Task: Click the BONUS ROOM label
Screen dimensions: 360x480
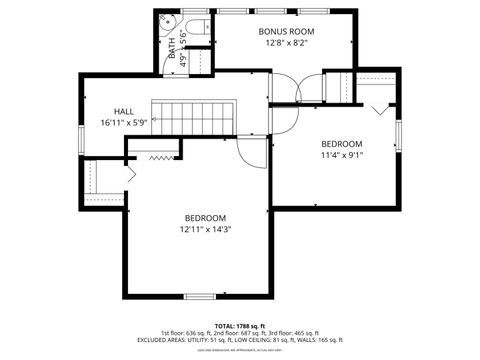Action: tap(287, 31)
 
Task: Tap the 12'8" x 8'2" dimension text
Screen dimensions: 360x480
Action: tap(287, 43)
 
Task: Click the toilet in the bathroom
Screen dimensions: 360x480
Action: tap(195, 26)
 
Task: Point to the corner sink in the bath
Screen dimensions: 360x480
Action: tap(167, 23)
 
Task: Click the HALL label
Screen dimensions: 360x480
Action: tap(124, 111)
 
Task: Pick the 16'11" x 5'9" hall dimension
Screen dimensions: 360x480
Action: tap(124, 122)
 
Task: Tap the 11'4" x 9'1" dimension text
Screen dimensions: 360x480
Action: tap(341, 155)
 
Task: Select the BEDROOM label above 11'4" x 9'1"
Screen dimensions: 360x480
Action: tap(341, 143)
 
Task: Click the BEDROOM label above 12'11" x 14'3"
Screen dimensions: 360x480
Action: tap(205, 218)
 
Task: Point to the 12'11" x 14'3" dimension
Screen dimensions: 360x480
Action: tap(205, 230)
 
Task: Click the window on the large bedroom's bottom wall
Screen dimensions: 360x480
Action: tap(201, 296)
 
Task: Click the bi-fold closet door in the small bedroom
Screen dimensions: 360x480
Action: tap(377, 107)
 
